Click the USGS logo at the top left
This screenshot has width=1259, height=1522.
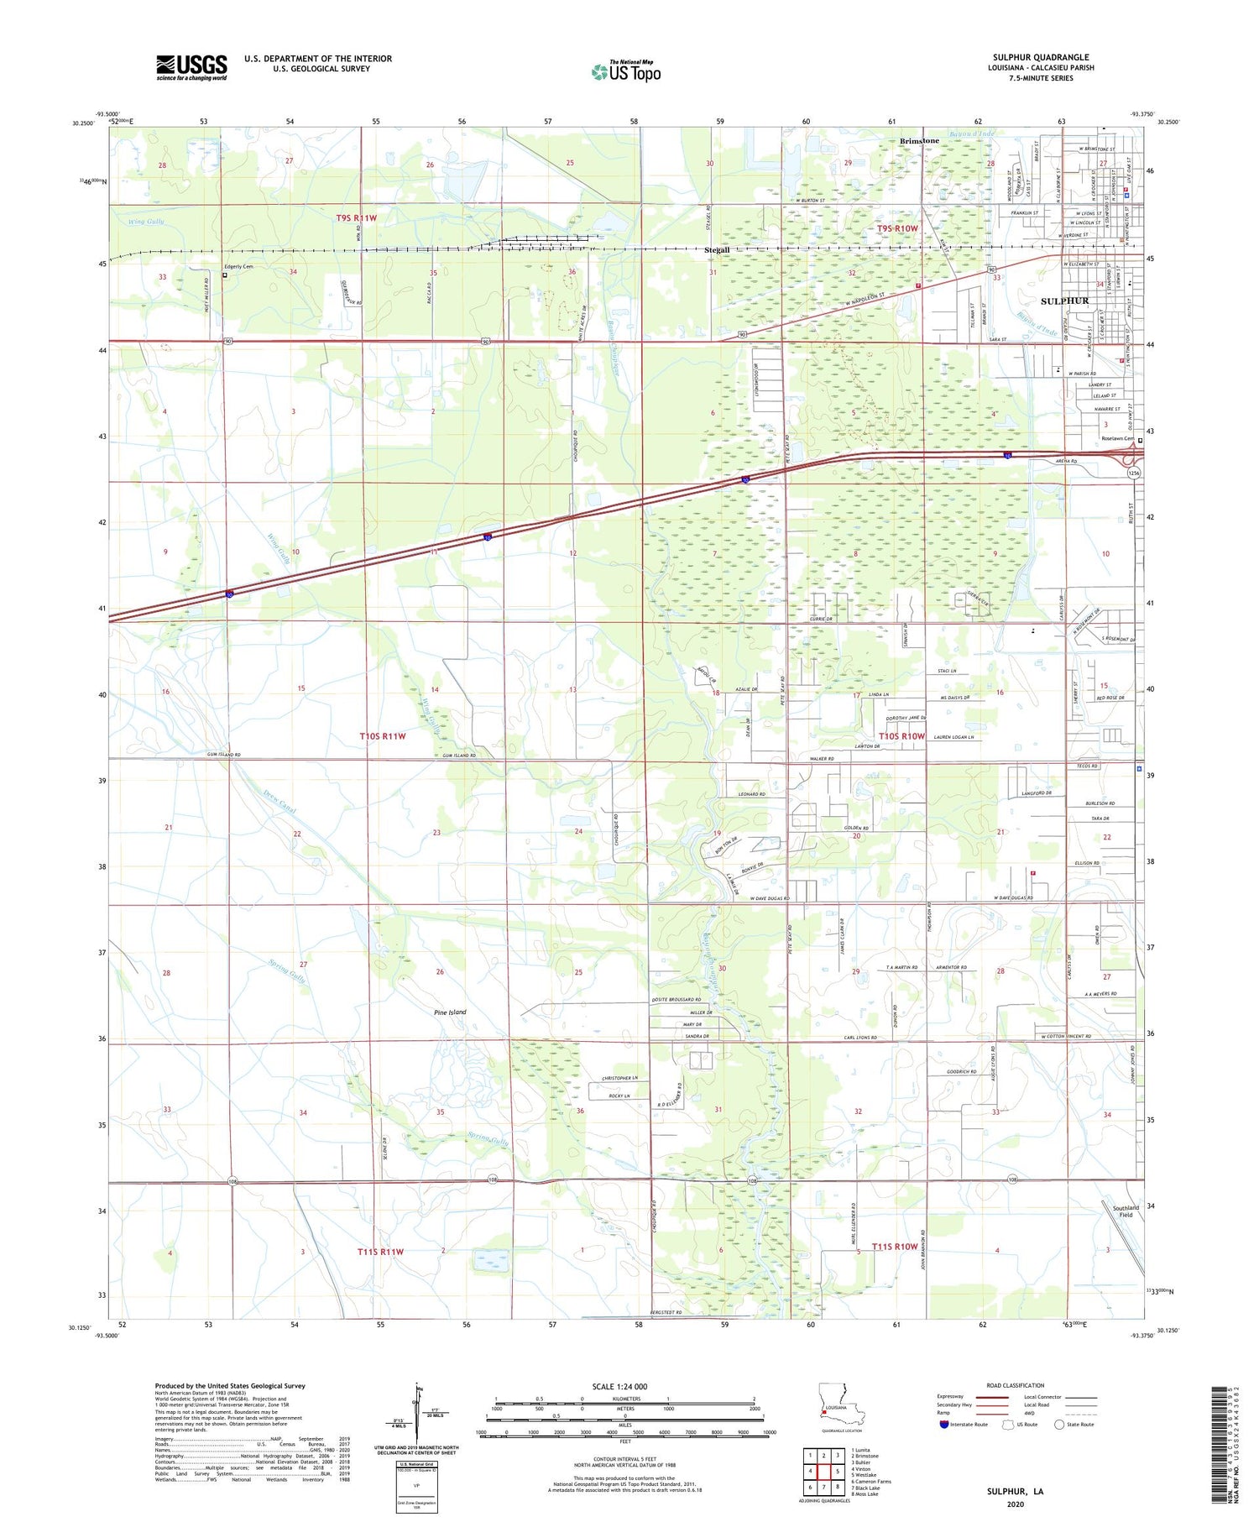pyautogui.click(x=191, y=67)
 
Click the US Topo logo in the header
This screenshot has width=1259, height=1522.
pyautogui.click(x=625, y=71)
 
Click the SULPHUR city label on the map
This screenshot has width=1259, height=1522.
pyautogui.click(x=1064, y=301)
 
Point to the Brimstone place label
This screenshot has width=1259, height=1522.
pyautogui.click(x=919, y=140)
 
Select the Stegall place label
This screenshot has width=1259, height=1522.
pyautogui.click(x=717, y=250)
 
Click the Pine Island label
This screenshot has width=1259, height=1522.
pyautogui.click(x=450, y=1012)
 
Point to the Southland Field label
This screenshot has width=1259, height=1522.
pyautogui.click(x=1126, y=1211)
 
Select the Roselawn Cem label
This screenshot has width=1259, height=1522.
pyautogui.click(x=1117, y=439)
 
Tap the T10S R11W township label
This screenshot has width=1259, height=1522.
pyautogui.click(x=383, y=736)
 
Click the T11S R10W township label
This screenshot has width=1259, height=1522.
pyautogui.click(x=894, y=1247)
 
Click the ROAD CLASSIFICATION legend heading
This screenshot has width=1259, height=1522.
pyautogui.click(x=1015, y=1385)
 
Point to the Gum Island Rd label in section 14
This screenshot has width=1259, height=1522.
pyautogui.click(x=459, y=756)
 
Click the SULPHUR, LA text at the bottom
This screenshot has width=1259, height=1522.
pyautogui.click(x=1015, y=1491)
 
